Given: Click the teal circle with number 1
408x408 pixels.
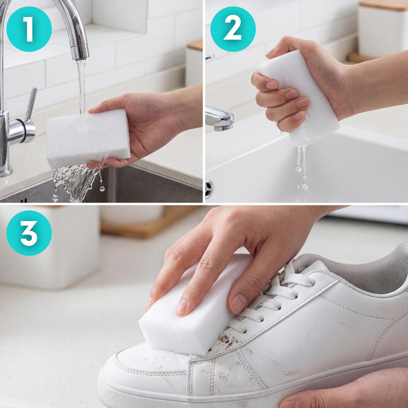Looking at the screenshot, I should pos(29,29).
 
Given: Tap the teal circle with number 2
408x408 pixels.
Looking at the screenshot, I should pos(233,29).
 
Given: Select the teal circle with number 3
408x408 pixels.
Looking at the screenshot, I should pos(29,233).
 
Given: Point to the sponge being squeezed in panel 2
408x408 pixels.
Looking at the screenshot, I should pos(301,97).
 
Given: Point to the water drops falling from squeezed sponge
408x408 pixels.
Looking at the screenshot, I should pos(301,166).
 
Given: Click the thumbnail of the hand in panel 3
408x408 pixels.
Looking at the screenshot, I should pos(181,306).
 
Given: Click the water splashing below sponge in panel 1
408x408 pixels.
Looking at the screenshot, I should pos(76,181).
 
